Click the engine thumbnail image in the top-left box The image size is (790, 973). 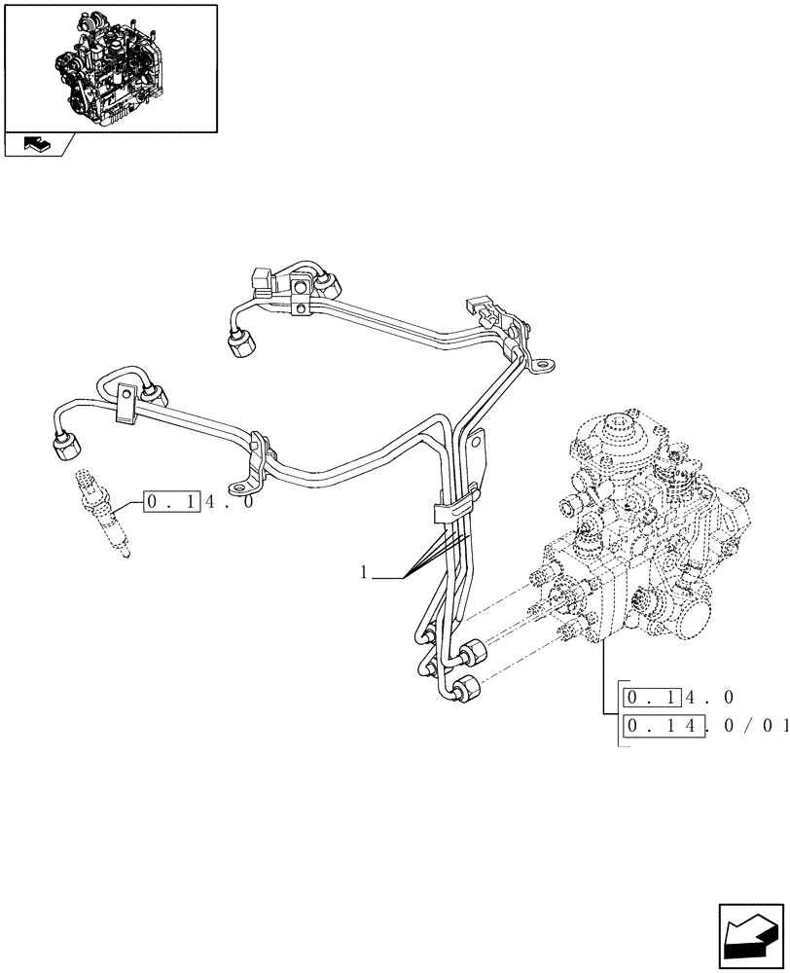tap(109, 65)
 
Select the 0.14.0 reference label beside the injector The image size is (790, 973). tap(198, 502)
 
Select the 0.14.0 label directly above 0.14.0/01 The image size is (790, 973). tap(678, 697)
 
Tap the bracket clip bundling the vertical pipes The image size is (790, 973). tap(449, 508)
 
